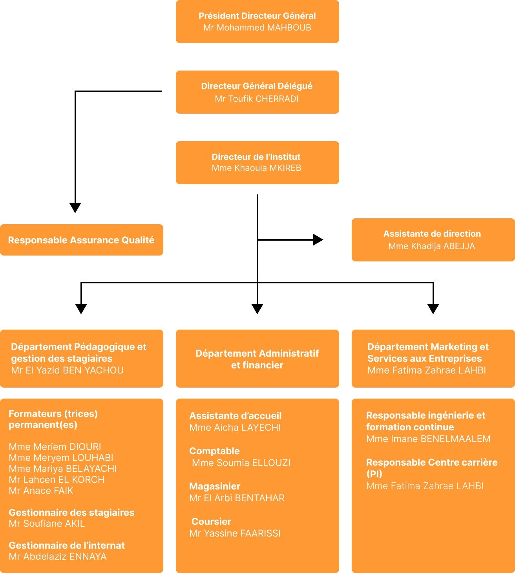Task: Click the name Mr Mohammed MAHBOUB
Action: pos(257,28)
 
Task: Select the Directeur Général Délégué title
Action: pos(257,86)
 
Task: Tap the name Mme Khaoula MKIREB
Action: pos(256,168)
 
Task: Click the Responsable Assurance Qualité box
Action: pos(81,240)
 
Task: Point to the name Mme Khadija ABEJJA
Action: pos(431,247)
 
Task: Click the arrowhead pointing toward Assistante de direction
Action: pos(318,239)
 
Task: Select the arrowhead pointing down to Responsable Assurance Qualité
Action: pos(75,207)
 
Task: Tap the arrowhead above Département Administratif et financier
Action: pos(257,309)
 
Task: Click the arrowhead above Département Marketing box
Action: pos(433,309)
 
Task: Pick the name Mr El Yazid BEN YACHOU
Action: pos(67,370)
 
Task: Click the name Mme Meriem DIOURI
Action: pos(55,447)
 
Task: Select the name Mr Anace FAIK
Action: pos(41,491)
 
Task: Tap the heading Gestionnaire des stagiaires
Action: pos(71,513)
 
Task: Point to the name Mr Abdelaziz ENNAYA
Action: pos(58,557)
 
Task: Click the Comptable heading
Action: pos(214,451)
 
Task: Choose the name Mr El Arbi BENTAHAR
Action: pos(237,498)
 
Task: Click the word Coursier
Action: pos(211,522)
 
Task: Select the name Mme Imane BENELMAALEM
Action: pos(428,439)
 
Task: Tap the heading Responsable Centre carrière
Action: pos(431,463)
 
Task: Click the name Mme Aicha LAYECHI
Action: pos(235,428)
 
